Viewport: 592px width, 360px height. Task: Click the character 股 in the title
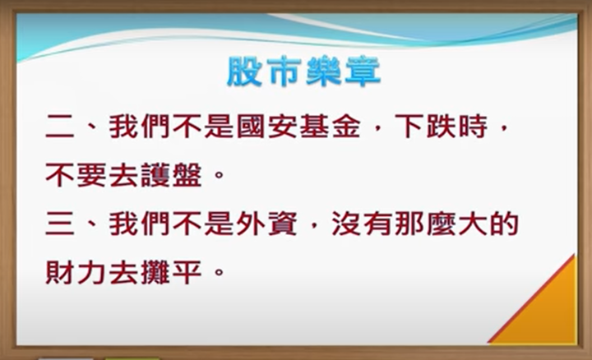244,72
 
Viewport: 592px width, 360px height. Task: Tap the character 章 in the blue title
363,72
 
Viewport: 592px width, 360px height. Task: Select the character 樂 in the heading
324,72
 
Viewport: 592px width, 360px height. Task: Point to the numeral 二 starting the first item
60,127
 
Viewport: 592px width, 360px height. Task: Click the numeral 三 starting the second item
60,224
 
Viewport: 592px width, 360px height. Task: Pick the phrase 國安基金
298,127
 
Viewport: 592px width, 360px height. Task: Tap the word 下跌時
442,127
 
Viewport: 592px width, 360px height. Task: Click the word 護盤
171,175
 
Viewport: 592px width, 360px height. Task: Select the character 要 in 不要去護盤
91,175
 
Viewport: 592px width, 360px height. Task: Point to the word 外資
266,224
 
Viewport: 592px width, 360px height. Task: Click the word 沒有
361,224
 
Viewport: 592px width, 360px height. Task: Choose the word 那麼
425,224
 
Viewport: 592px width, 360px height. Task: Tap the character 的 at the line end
504,224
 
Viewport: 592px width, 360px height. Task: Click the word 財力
75,272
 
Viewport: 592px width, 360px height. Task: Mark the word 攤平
171,272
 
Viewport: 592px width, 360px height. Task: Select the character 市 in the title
284,72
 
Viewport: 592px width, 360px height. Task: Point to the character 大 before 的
473,224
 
